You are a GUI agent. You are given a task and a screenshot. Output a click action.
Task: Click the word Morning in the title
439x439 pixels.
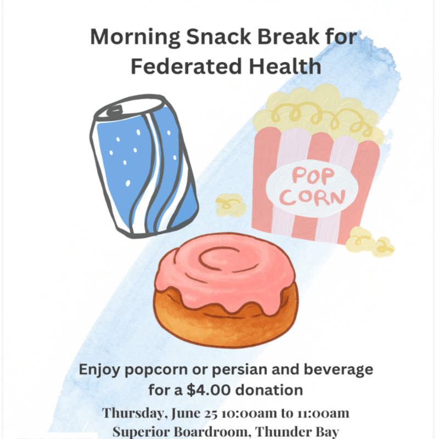click(x=135, y=37)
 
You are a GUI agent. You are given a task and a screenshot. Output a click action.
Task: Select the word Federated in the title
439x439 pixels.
click(x=187, y=66)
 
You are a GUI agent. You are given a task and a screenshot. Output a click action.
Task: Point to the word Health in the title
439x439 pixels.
click(x=285, y=66)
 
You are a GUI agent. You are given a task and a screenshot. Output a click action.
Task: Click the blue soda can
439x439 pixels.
click(x=144, y=166)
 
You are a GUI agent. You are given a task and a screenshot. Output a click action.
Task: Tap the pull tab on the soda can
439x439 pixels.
click(x=115, y=111)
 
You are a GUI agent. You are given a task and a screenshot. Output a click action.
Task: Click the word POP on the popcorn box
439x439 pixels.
click(x=313, y=176)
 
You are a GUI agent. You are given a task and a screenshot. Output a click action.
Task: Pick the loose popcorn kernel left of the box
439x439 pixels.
click(x=231, y=205)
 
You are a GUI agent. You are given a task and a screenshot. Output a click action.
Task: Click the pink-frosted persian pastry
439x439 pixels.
click(x=226, y=290)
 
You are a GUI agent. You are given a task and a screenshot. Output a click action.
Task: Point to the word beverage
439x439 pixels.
click(x=338, y=369)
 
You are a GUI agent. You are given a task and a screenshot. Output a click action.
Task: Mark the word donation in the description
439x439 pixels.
click(x=269, y=390)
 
